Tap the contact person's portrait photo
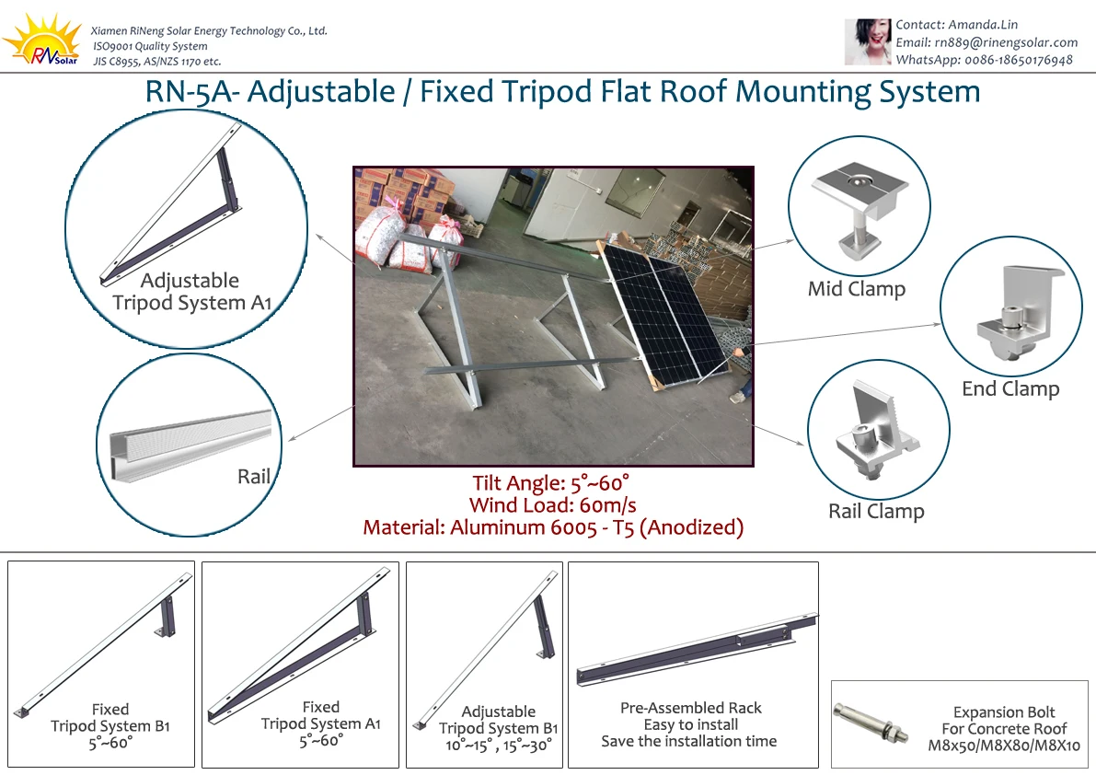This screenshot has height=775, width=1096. tap(868, 42)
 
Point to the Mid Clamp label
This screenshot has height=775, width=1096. tap(856, 289)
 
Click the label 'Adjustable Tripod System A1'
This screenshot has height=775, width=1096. tap(190, 292)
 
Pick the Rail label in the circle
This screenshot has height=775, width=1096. tap(254, 476)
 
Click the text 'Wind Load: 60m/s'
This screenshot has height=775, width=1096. tap(552, 505)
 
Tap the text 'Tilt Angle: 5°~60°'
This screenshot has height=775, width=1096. tap(551, 483)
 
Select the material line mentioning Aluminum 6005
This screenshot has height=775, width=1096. tap(552, 527)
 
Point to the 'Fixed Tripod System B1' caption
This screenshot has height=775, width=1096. tap(110, 726)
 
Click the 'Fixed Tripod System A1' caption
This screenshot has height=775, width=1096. tap(320, 723)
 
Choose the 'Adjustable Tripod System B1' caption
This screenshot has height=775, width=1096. tap(498, 728)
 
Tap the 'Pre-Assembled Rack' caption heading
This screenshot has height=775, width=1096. tap(691, 708)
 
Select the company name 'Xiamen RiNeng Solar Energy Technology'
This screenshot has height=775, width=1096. tap(209, 30)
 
